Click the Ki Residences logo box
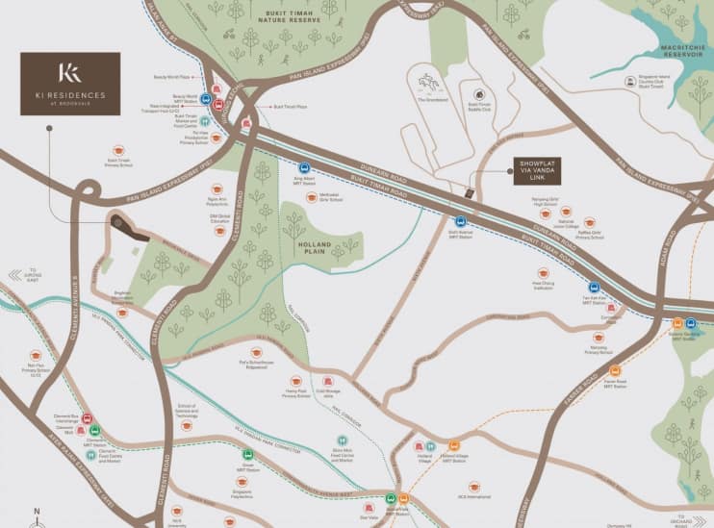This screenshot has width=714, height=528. pyautogui.click(x=70, y=84)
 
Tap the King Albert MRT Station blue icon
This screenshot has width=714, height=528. pyautogui.click(x=303, y=168)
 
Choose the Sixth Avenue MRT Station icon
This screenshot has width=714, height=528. pyautogui.click(x=461, y=221)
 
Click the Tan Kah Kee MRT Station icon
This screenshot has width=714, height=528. pyautogui.click(x=594, y=287)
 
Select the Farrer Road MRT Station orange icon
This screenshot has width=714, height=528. pyautogui.click(x=616, y=369)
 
